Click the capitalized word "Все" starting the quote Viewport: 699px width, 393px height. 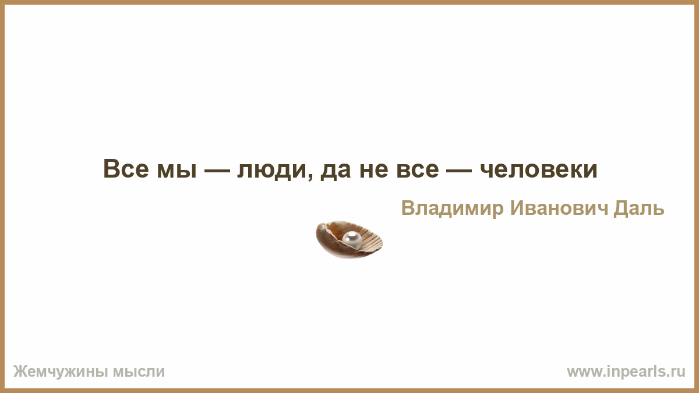pyautogui.click(x=126, y=169)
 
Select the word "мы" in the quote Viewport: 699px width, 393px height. pyautogui.click(x=177, y=171)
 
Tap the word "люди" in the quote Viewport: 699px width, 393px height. pyautogui.click(x=272, y=172)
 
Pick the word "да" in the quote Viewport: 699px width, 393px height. pyautogui.click(x=336, y=172)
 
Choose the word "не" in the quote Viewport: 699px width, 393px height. pyautogui.click(x=374, y=171)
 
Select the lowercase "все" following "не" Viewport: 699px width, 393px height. pyautogui.click(x=418, y=171)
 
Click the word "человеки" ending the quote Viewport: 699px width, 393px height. pyautogui.click(x=539, y=171)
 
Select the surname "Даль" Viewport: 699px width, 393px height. pyautogui.click(x=639, y=208)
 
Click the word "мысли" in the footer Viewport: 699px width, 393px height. pyautogui.click(x=139, y=372)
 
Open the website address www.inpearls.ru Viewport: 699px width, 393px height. pyautogui.click(x=626, y=372)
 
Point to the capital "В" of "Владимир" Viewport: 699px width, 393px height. pyautogui.click(x=408, y=208)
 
